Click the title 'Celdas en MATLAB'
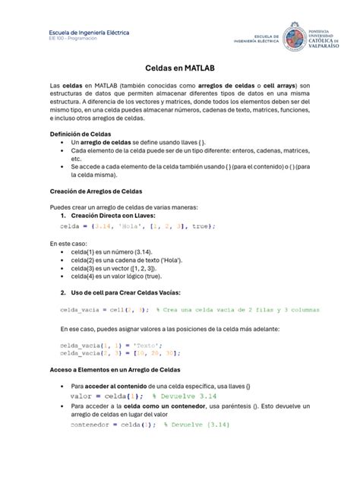[179, 68]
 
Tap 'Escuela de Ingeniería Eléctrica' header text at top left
[90, 33]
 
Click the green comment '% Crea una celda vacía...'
[237, 310]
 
